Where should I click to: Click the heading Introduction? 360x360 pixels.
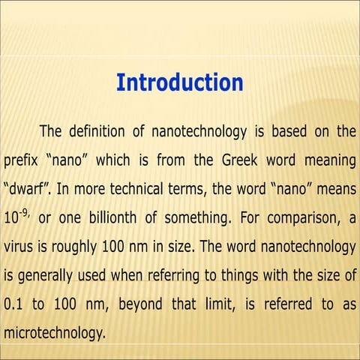tap(180, 82)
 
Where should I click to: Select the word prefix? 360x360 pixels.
tap(20, 160)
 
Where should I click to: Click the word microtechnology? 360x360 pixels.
tap(55, 331)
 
